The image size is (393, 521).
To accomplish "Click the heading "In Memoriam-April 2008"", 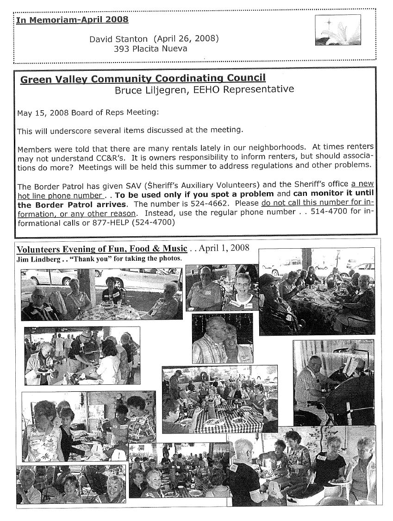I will point(72,20).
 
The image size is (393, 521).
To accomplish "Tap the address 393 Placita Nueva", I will point(150,48).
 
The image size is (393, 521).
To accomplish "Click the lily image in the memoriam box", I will point(331,30).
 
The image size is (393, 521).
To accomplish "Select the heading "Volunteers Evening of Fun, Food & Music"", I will point(102,249).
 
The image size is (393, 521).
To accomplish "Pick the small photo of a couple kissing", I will point(222,338).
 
